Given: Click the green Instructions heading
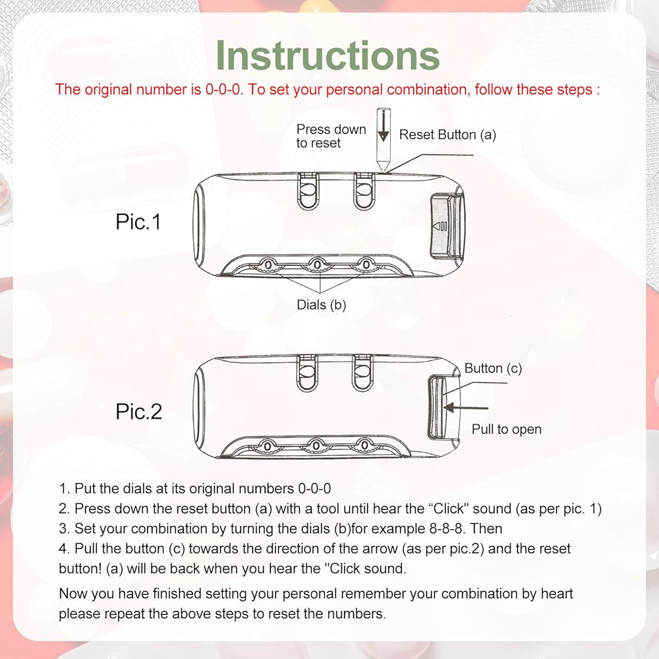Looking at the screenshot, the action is coord(328,55).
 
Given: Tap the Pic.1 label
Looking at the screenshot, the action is coord(138,221).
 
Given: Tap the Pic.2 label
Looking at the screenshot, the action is coord(138,411).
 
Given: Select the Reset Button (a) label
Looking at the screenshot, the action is coord(447,135).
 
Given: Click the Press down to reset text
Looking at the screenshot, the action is coord(331,136).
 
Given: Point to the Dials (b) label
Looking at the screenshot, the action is coord(321,305).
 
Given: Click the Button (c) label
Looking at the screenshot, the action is coord(493,368).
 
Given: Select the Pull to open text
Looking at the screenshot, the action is coord(506,430).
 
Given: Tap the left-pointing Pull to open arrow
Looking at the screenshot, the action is coord(466,408).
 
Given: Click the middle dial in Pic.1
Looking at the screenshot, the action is coord(318,265).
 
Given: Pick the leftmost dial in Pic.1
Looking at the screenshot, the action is coord(268,265).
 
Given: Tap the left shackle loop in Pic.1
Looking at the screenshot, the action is coord(308,191).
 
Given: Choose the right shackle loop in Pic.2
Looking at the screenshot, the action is coord(362,373).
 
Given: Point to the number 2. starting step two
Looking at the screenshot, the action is coord(65,509).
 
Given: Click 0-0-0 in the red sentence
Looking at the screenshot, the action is coord(224,90).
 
